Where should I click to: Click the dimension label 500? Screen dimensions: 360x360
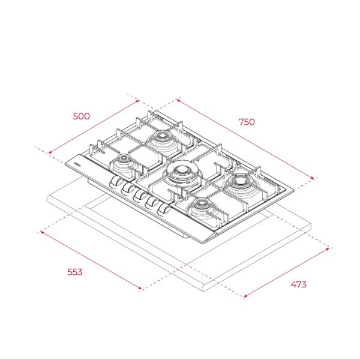coord(81,116)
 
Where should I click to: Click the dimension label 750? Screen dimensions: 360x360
coord(247,122)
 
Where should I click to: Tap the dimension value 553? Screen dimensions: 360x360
coord(75,272)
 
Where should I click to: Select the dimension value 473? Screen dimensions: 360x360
coord(298,284)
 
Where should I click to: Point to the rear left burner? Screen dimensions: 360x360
coord(163,140)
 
